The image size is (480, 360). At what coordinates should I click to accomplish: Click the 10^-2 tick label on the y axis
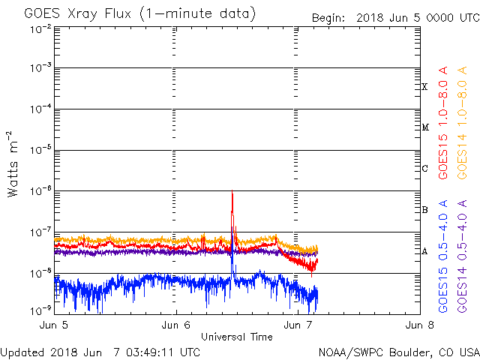(x=40, y=28)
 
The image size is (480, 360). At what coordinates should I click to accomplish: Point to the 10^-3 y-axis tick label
(x=40, y=69)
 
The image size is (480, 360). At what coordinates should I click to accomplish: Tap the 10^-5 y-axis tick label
(x=40, y=151)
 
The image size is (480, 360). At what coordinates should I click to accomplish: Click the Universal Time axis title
(x=236, y=337)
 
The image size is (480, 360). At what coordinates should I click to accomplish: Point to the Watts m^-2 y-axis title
(x=13, y=165)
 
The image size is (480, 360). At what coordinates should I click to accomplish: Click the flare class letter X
(x=424, y=87)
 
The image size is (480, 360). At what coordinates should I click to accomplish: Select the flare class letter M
(x=424, y=127)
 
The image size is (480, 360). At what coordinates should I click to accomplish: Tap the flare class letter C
(x=424, y=169)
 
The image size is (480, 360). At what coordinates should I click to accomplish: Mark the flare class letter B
(x=424, y=210)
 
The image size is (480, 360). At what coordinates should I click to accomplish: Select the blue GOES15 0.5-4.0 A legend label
(x=444, y=255)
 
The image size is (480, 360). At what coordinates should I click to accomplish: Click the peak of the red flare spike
(x=232, y=192)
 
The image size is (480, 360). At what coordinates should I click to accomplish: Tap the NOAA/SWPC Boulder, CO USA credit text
(x=398, y=352)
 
